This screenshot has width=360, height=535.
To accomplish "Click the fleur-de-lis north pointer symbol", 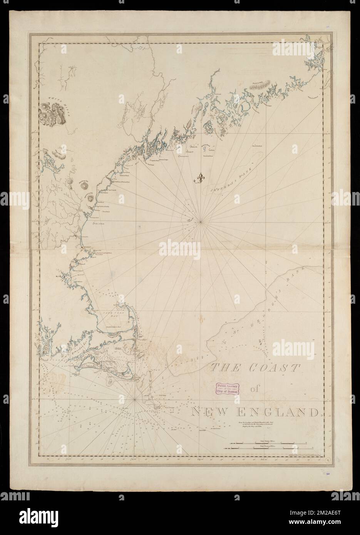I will coord(201,177).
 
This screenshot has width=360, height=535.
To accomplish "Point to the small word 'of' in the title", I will coord(255,390).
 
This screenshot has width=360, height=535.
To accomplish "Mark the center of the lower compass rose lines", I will coord(135,400).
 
